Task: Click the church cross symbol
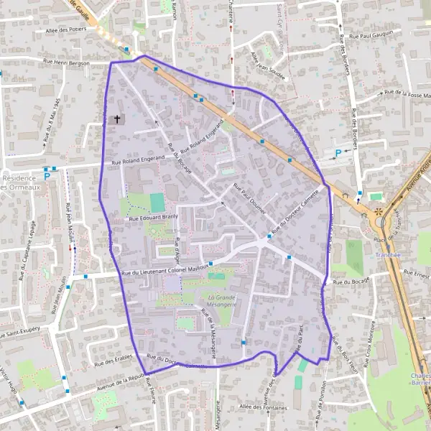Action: coord(118,119)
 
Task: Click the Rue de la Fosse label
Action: coord(406,91)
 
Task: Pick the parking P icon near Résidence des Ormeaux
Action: coord(47,175)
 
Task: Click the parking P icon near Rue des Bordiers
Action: coord(338,152)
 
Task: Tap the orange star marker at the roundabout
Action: coord(379,212)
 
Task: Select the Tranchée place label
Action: coord(389,254)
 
